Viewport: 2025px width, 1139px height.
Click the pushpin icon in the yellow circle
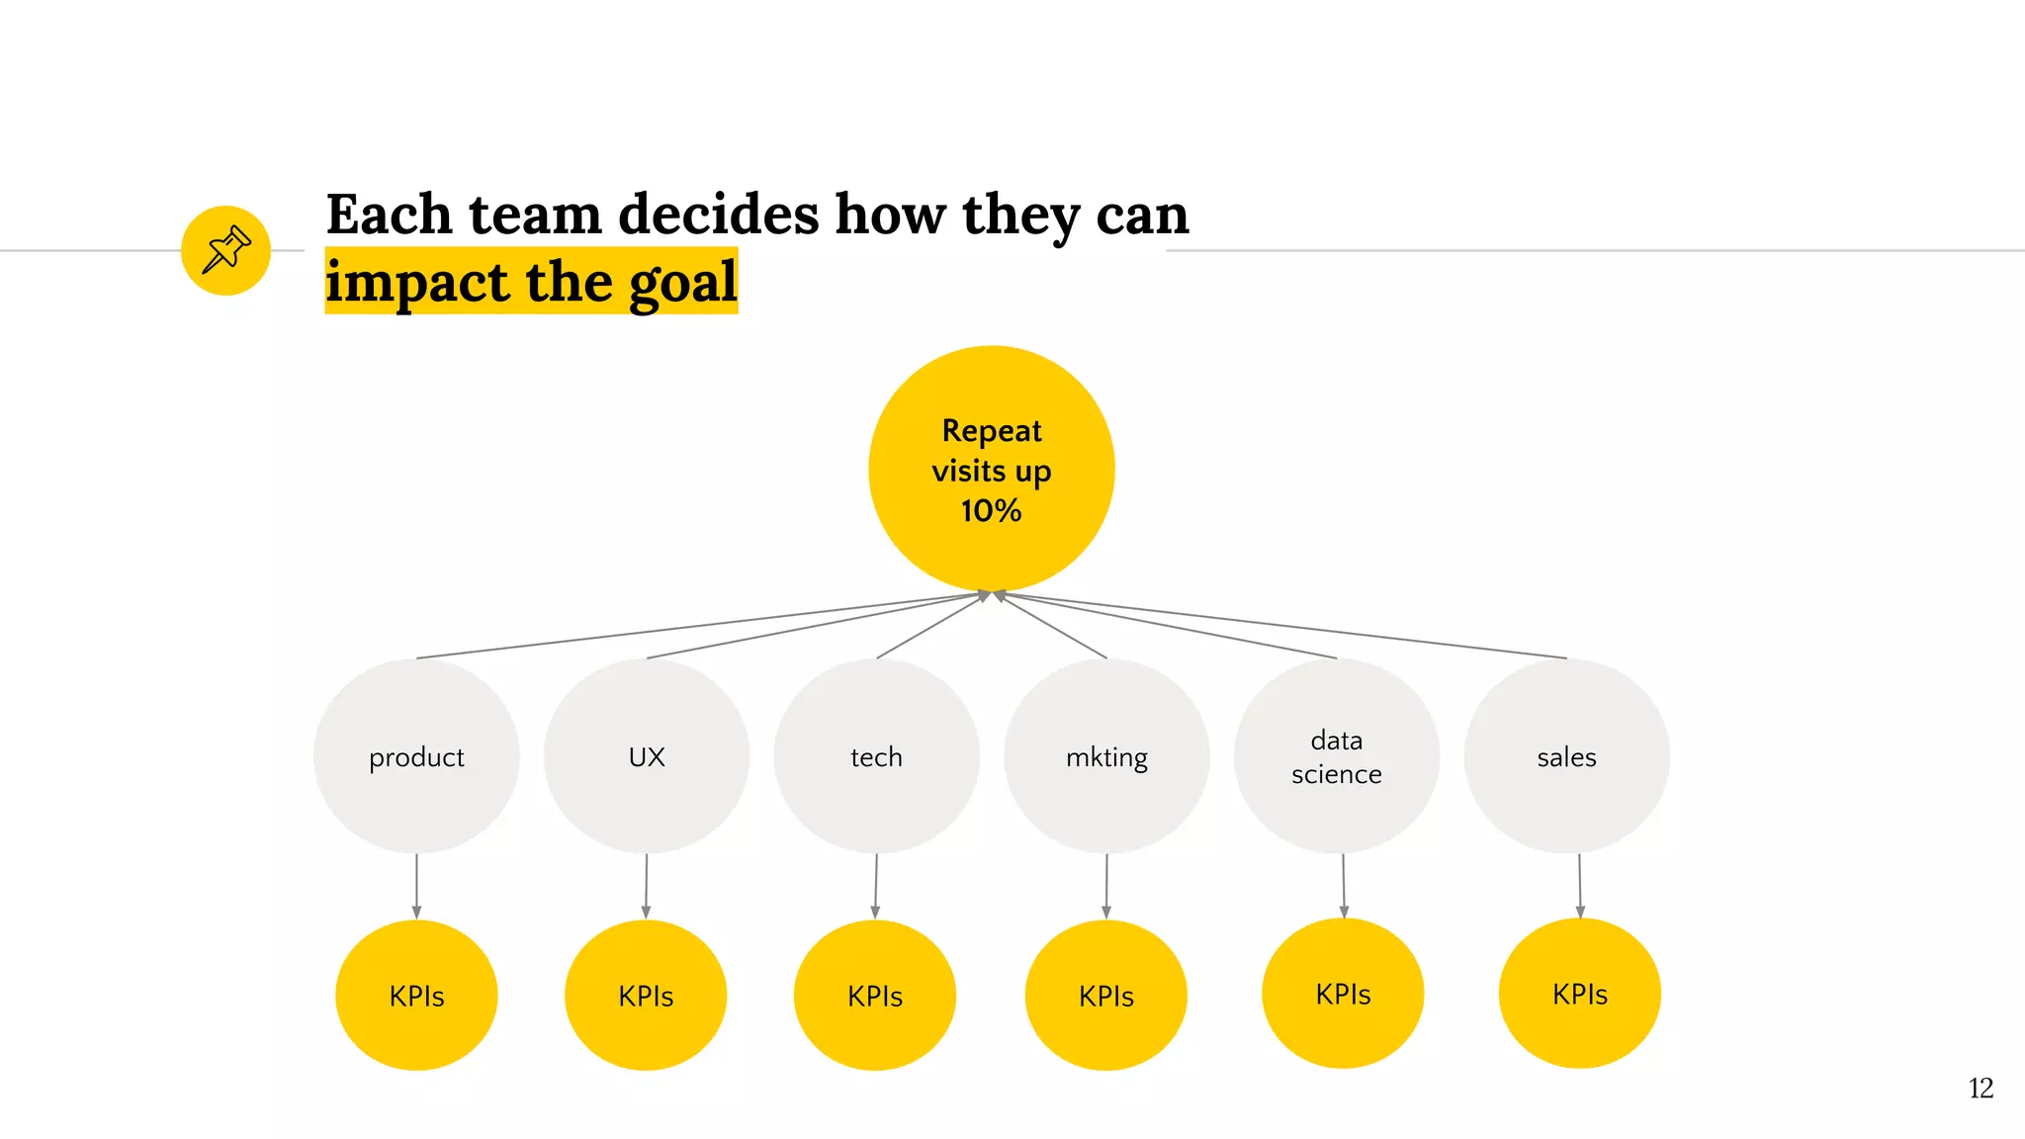click(x=225, y=250)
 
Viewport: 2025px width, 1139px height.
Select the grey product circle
click(x=416, y=756)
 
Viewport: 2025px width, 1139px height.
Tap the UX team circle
click(x=647, y=756)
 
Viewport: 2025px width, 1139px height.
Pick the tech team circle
click(x=876, y=756)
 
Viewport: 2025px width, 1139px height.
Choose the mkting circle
click(x=1106, y=756)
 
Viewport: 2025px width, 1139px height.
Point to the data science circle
click(x=1336, y=756)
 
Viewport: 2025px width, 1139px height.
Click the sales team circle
click(x=1566, y=756)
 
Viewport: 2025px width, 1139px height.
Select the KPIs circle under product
click(x=416, y=995)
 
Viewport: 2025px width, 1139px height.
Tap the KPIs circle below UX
click(x=646, y=995)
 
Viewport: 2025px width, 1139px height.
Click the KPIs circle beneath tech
click(x=875, y=995)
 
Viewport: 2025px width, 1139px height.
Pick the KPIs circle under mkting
click(x=1105, y=995)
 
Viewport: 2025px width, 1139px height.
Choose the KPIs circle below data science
click(x=1343, y=993)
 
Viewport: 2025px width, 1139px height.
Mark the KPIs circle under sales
click(x=1579, y=993)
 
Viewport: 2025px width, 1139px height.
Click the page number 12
click(x=1980, y=1089)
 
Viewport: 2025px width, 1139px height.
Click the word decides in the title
click(x=718, y=215)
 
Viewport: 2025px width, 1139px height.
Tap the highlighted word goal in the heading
click(x=683, y=283)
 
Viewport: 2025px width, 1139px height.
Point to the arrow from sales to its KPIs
click(x=1579, y=885)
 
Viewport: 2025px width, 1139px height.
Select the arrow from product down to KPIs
click(x=416, y=885)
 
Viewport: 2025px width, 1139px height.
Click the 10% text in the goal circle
click(x=991, y=511)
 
